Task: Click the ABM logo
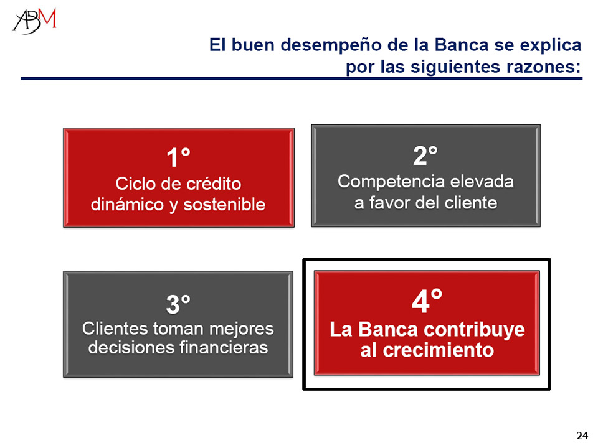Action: pos(35,21)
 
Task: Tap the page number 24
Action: pos(582,436)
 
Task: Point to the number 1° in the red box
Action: pos(179,157)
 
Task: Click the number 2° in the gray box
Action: pos(425,155)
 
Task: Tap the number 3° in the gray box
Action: pos(178,304)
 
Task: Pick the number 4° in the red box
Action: pos(427,300)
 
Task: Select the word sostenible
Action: pos(224,205)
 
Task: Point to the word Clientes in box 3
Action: pos(115,329)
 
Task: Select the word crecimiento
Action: pos(438,350)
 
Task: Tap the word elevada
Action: pos(482,181)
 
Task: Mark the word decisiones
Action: pos(131,348)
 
